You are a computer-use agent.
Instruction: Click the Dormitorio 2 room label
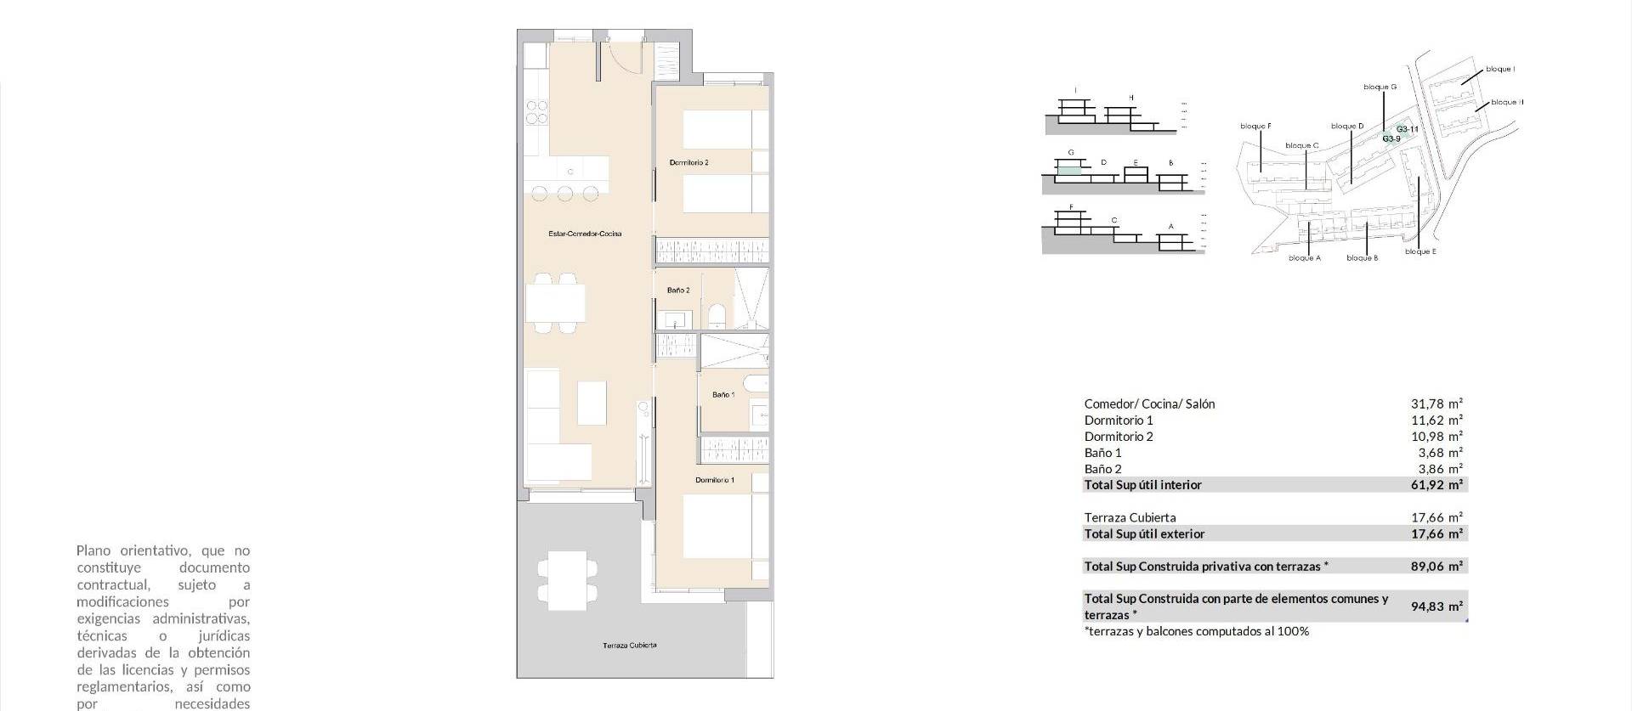688,162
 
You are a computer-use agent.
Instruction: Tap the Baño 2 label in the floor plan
677,291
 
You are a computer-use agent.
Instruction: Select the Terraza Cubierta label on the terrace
629,646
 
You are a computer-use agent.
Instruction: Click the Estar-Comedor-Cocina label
585,234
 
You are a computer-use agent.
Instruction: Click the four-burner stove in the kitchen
536,112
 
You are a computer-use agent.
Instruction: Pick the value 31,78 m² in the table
1436,404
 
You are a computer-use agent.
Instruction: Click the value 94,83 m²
1436,607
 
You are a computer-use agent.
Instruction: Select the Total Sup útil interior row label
1142,485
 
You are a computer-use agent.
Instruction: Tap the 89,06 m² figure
1436,566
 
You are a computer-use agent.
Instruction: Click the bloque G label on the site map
1380,87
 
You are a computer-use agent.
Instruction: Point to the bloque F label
1255,127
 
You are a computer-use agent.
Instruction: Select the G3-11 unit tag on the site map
1407,129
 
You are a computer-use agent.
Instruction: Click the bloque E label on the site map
1420,251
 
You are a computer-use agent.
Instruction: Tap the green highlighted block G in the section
1068,170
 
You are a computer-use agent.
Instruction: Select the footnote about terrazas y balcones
1196,631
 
